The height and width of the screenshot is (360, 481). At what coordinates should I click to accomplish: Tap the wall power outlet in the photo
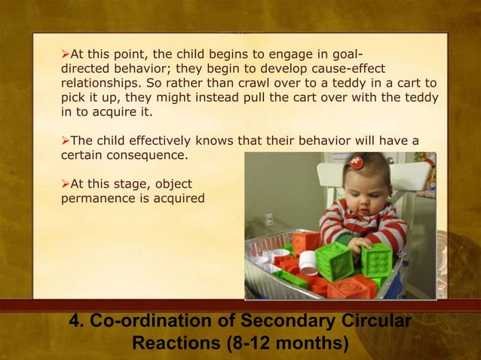tap(268, 220)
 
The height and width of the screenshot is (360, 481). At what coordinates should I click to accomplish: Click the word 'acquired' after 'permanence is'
tap(179, 198)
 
